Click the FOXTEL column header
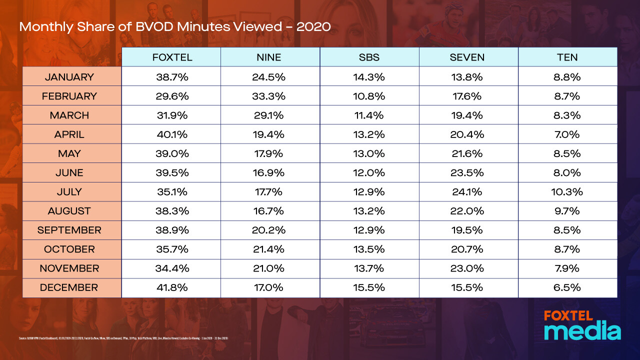click(x=172, y=57)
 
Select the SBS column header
click(x=369, y=57)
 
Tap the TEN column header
click(x=567, y=57)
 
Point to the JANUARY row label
click(x=69, y=77)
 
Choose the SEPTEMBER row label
click(x=69, y=230)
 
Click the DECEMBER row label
click(x=69, y=287)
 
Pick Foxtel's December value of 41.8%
click(x=172, y=287)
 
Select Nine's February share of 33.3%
click(x=270, y=96)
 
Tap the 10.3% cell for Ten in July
click(x=567, y=191)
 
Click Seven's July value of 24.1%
click(x=467, y=191)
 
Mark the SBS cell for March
click(x=369, y=115)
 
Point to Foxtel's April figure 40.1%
click(x=172, y=134)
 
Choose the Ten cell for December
click(x=567, y=287)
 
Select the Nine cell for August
click(x=270, y=211)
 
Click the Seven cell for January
click(x=467, y=77)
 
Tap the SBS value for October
click(x=369, y=249)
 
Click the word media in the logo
click(x=582, y=332)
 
